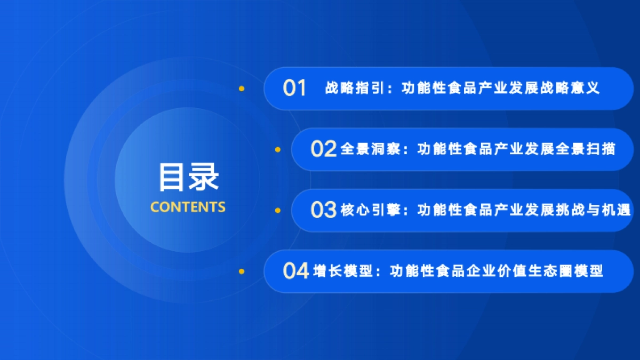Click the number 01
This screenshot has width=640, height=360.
(294, 88)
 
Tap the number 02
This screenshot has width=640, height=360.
(323, 149)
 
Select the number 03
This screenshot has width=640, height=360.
(323, 210)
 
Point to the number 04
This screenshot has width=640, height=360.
(296, 271)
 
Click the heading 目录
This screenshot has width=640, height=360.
(189, 178)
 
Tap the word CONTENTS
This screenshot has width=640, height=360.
(188, 207)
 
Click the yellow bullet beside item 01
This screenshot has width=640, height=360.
(242, 89)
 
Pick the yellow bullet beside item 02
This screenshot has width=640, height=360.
(277, 149)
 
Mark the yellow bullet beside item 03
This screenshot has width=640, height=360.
(277, 210)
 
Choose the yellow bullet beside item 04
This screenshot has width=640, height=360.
(242, 271)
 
